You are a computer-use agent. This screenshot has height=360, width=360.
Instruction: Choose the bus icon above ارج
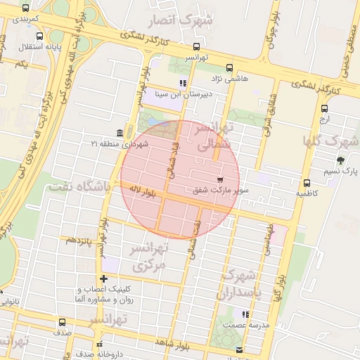pyautogui.click(x=324, y=109)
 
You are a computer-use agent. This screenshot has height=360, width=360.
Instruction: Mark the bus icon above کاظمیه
pyautogui.click(x=306, y=182)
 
